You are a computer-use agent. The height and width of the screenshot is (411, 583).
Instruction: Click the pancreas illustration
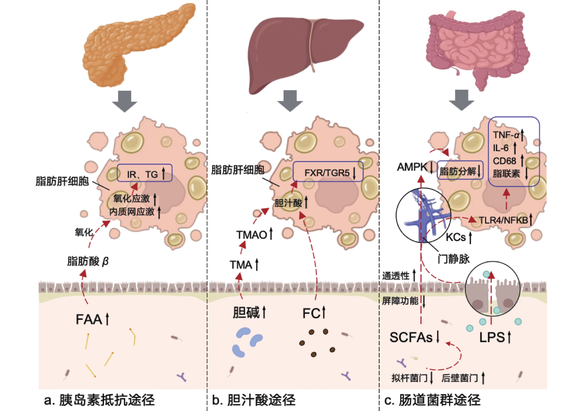tap(132, 46)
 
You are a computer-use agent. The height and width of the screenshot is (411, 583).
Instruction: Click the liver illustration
tap(300, 51)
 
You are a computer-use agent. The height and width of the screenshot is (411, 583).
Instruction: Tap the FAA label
tap(89, 320)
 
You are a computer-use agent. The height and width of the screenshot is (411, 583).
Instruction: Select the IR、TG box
tap(145, 173)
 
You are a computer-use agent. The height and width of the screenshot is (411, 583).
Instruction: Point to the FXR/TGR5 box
tap(328, 172)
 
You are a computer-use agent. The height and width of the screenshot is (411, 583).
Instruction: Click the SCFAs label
tap(411, 337)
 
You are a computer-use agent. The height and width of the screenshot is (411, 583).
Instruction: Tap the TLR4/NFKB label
tap(503, 220)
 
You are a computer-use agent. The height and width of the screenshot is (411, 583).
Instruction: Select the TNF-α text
tap(506, 135)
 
